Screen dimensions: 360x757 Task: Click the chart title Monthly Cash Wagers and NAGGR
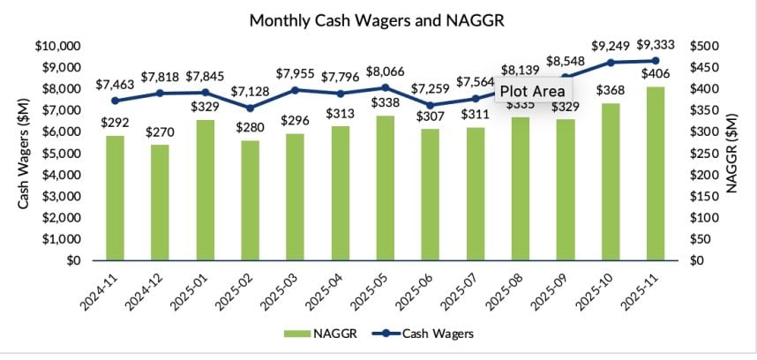click(x=378, y=19)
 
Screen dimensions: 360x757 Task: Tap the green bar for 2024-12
click(x=160, y=203)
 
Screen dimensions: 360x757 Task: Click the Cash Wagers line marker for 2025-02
click(x=251, y=108)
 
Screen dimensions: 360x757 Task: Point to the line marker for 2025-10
click(x=610, y=63)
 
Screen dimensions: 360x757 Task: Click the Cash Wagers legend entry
click(x=431, y=334)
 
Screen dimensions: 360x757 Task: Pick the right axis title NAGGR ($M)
click(x=735, y=154)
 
